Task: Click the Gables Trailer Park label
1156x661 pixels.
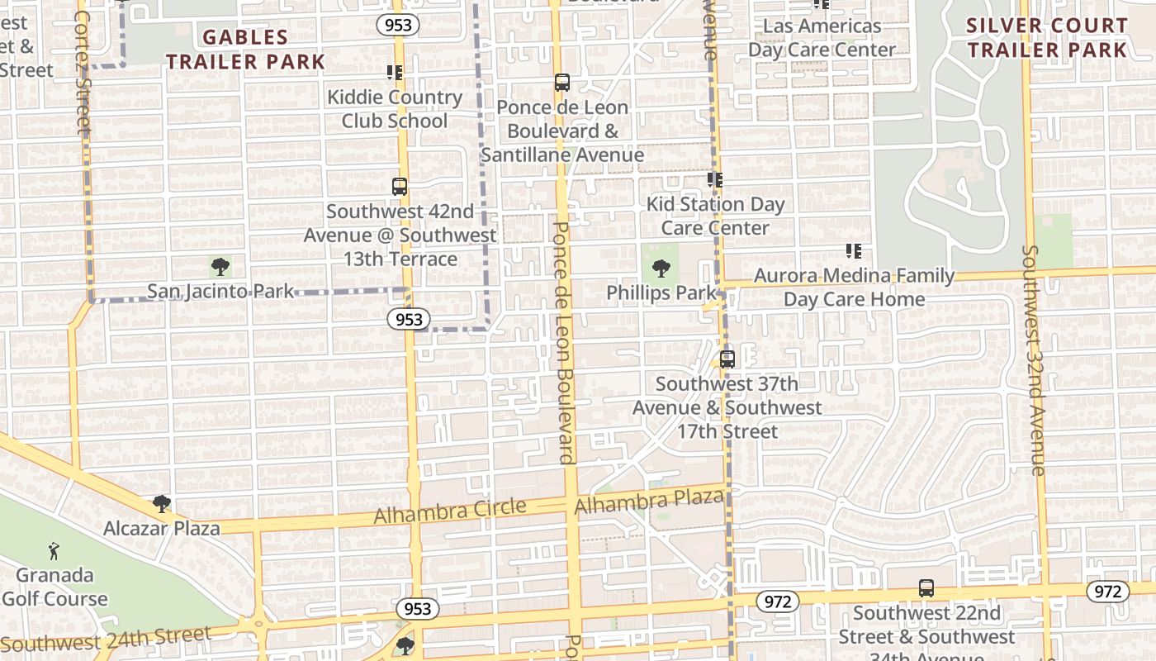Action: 245,49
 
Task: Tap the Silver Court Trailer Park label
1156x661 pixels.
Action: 1047,37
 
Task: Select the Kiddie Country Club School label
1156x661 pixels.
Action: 395,109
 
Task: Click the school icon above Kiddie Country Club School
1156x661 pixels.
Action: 395,73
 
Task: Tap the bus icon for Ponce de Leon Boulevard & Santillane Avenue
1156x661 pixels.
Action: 562,83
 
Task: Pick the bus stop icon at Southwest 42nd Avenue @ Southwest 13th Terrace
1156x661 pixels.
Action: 400,187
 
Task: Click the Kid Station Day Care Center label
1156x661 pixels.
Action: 715,216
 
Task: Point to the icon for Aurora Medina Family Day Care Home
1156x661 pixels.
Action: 854,250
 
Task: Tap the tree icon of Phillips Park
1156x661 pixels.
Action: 661,268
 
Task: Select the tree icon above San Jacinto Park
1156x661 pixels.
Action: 220,266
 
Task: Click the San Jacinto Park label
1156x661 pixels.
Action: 220,291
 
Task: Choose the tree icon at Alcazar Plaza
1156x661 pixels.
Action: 162,504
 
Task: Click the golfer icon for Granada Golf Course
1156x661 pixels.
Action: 54,550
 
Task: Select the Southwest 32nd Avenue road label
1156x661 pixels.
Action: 1033,359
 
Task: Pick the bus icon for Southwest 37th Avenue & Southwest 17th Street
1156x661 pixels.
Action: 727,359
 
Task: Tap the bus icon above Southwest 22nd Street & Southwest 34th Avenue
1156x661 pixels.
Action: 926,588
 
